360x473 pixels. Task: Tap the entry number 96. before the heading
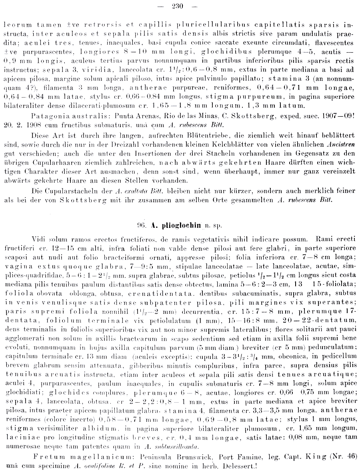click(x=143, y=224)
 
